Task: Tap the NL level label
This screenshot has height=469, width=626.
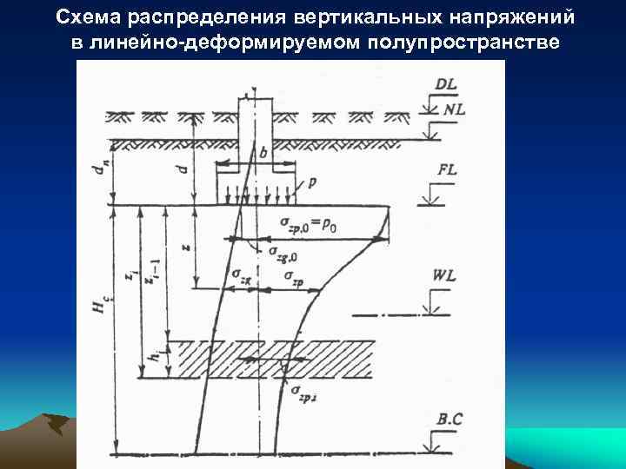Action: coord(454,110)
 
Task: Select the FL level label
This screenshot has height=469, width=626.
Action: coord(446,170)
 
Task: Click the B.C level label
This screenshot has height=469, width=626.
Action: coord(450,419)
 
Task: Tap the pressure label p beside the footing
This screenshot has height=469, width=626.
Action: coord(312,184)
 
